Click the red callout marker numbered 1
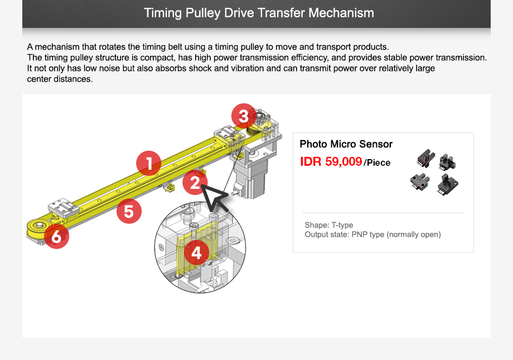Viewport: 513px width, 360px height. [x=149, y=163]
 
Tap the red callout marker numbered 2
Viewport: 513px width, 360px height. [x=194, y=183]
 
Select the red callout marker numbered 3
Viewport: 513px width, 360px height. [x=244, y=117]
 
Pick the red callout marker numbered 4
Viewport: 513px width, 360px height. [x=196, y=253]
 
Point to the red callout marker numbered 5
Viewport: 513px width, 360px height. [x=129, y=212]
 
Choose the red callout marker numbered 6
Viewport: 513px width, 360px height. [x=56, y=237]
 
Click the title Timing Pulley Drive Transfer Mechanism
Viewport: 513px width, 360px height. [x=259, y=13]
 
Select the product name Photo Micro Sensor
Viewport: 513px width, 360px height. [x=346, y=144]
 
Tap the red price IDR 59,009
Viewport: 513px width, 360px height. [x=331, y=162]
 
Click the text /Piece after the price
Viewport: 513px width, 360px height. [x=378, y=163]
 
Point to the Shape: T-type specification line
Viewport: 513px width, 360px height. [x=329, y=225]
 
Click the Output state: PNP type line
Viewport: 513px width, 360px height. [x=372, y=234]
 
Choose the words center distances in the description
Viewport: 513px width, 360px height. [x=60, y=79]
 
